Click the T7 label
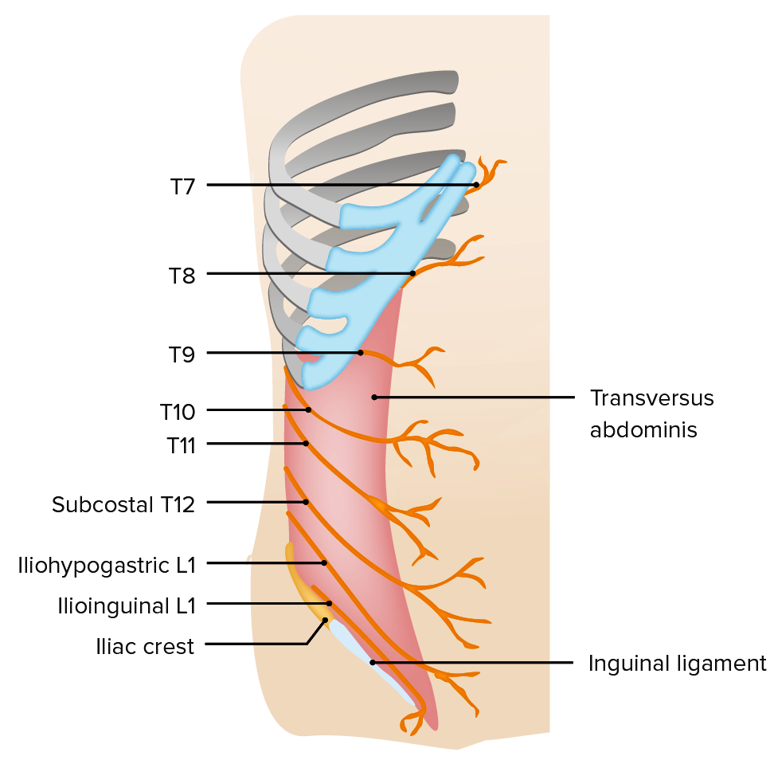coord(182,186)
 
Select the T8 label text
coord(182,275)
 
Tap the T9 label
coord(182,354)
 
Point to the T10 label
coord(178,411)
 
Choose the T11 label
coord(181,445)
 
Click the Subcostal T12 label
coord(123,503)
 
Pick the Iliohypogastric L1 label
coord(107,565)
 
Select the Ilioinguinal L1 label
coord(127,605)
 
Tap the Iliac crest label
coord(143,646)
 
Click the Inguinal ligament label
coord(677,663)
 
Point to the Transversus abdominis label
coord(651,413)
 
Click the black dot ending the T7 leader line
coord(476,185)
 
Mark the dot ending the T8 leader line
coord(412,274)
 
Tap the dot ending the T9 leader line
coord(360,352)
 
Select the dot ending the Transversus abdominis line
coord(374,397)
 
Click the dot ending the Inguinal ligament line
coord(372,662)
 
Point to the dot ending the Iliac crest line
coord(325,620)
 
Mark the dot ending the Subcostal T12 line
coord(306,502)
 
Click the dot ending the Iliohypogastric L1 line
coord(324,563)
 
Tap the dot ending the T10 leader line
coord(308,410)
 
